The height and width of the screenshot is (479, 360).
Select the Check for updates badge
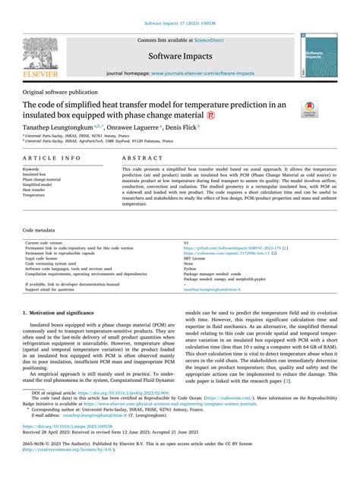[x=310, y=109]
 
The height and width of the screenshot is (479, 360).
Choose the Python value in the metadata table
[x=191, y=268]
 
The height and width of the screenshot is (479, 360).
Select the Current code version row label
[x=48, y=243]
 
